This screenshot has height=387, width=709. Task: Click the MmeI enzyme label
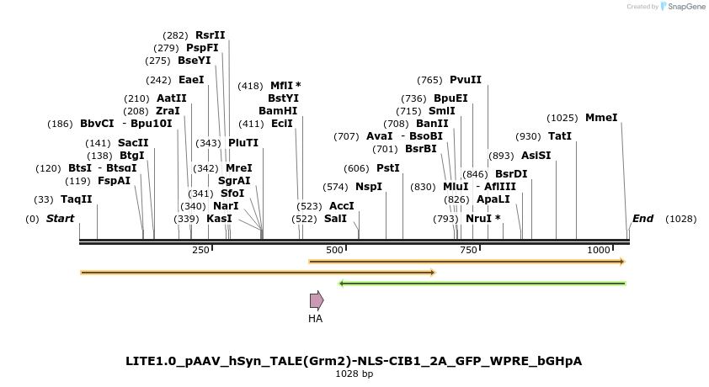(x=601, y=118)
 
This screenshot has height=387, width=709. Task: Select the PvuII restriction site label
(x=466, y=80)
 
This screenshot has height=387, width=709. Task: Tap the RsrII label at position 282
(x=211, y=35)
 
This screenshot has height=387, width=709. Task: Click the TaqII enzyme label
(x=76, y=199)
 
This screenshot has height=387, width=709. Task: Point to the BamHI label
(x=278, y=110)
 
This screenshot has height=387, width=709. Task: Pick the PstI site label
(x=387, y=168)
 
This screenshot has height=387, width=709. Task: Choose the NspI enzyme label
(x=368, y=187)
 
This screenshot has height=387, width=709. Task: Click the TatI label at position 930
(x=560, y=136)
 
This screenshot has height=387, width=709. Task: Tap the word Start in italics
(x=60, y=219)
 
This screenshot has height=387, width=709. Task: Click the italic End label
(x=642, y=219)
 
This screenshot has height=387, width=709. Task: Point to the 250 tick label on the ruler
(x=200, y=251)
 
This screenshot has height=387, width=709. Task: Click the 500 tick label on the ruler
(x=334, y=251)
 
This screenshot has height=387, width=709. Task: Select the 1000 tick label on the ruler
(x=599, y=251)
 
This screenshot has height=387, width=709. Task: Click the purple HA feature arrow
(x=317, y=300)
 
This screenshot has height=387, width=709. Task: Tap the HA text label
(x=315, y=319)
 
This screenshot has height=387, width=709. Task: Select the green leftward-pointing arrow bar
(x=482, y=284)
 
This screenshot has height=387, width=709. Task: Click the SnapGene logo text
(x=685, y=7)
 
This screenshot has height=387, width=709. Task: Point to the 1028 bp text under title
(x=354, y=374)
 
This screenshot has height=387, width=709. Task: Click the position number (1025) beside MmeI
(x=562, y=118)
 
